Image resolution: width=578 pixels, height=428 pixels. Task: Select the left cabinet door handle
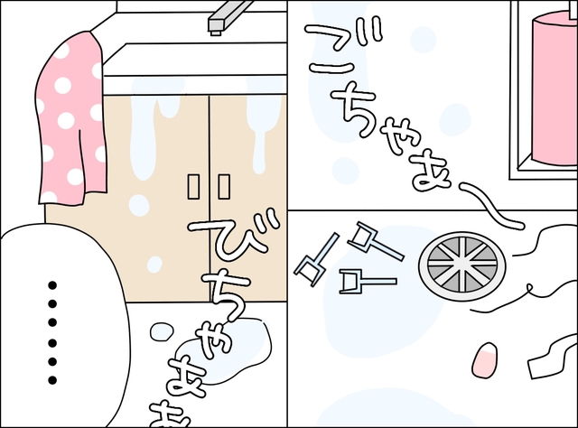tap(193, 187)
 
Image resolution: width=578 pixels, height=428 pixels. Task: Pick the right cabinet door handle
tap(224, 187)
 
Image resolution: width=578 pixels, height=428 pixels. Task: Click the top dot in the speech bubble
tap(52, 285)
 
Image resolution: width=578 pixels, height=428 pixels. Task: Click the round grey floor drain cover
tap(461, 265)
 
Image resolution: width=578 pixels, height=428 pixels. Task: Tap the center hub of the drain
tap(461, 265)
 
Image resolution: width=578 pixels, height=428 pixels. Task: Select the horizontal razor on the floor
tap(368, 282)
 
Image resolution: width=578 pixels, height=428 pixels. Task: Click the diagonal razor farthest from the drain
tap(316, 259)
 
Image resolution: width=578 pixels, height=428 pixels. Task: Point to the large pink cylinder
tap(555, 88)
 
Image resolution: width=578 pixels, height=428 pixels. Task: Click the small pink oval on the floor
tap(484, 360)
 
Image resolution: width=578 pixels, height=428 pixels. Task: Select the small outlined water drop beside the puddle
tap(162, 331)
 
